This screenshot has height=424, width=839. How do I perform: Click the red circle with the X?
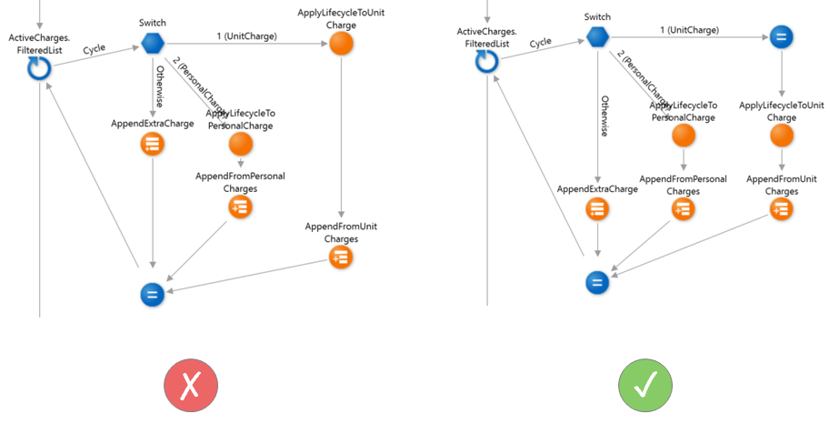pyautogui.click(x=191, y=385)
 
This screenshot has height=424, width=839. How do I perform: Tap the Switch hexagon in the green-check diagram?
pyautogui.click(x=597, y=37)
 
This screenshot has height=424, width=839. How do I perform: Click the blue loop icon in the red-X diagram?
pyautogui.click(x=38, y=68)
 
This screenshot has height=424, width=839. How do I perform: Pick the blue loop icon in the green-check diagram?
pyautogui.click(x=486, y=60)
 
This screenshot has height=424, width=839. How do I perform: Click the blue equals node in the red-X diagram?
pyautogui.click(x=152, y=294)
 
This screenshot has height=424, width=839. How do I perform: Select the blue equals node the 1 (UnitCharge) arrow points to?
pyautogui.click(x=780, y=37)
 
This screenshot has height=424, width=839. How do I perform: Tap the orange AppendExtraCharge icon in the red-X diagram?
pyautogui.click(x=152, y=145)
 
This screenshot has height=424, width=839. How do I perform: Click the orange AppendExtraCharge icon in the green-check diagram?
pyautogui.click(x=597, y=208)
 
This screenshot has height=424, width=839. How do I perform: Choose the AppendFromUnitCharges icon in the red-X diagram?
pyautogui.click(x=340, y=257)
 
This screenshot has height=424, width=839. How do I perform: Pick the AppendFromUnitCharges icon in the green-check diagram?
pyautogui.click(x=780, y=208)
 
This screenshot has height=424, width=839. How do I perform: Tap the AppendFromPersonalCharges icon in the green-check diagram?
pyautogui.click(x=683, y=208)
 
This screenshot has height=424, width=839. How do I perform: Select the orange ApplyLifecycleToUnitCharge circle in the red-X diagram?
pyautogui.click(x=340, y=42)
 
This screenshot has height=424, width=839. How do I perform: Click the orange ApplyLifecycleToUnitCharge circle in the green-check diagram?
pyautogui.click(x=780, y=136)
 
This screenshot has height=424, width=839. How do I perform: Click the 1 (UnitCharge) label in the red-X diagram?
pyautogui.click(x=246, y=35)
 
